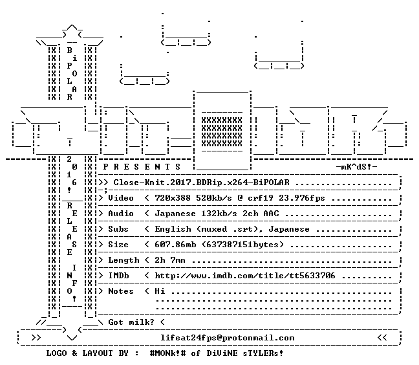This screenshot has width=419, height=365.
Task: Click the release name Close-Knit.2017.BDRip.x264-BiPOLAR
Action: tap(202, 182)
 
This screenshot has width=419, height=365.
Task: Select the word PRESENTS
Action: tap(142, 167)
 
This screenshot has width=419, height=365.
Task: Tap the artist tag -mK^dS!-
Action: tap(357, 167)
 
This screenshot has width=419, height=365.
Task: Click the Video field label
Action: tap(121, 198)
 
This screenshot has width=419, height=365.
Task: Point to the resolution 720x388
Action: tap(173, 198)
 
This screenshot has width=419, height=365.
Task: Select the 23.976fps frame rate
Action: tap(302, 198)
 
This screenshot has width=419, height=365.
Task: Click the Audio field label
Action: tap(121, 214)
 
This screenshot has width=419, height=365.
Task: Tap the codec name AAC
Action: tap(271, 214)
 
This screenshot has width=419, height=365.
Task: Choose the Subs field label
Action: tap(118, 229)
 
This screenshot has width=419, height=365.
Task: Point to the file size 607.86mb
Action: tap(175, 245)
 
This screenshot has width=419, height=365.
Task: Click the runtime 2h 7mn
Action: tap(170, 260)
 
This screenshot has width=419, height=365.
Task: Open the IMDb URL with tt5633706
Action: tap(245, 276)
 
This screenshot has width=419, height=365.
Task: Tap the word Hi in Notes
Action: tap(160, 291)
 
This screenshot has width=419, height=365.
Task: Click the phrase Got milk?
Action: tap(131, 322)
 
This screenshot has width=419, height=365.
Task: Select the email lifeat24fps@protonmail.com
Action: tap(228, 338)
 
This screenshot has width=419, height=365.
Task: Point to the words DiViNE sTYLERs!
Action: tap(245, 353)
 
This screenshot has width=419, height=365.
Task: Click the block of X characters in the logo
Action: tap(222, 132)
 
